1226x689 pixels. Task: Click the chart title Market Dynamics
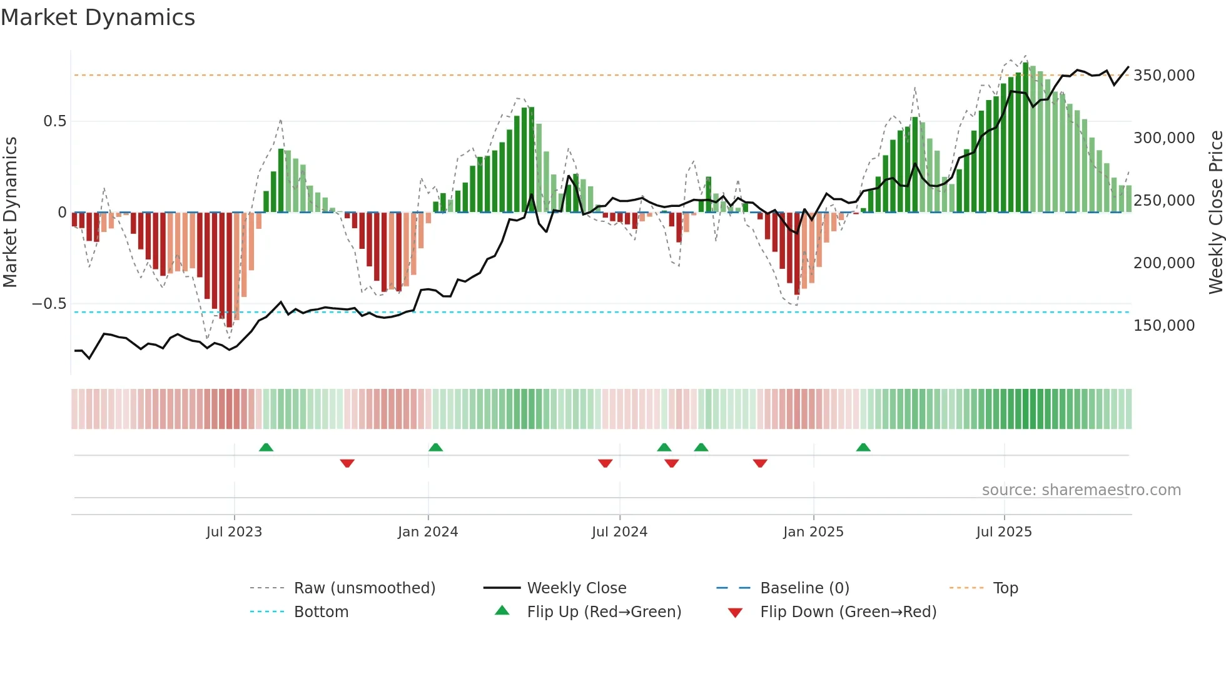(x=98, y=18)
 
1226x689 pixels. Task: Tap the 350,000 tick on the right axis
(x=1164, y=76)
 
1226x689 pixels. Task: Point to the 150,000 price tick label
(x=1164, y=326)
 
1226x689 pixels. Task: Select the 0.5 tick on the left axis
(x=54, y=121)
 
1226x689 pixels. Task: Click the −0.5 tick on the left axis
(x=49, y=304)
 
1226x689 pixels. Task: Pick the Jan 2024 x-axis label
(x=428, y=532)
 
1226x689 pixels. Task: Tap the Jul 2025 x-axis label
(x=1004, y=532)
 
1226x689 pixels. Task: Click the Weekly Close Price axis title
(x=1215, y=213)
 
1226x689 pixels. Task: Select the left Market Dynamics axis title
(x=10, y=213)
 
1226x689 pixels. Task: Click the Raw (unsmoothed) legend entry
(x=364, y=588)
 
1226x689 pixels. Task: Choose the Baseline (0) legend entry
(x=804, y=588)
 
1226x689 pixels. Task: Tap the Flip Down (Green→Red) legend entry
(x=848, y=612)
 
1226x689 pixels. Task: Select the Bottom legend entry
(x=321, y=612)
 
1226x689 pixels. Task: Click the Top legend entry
(x=1005, y=588)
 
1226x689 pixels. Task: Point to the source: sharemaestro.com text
(x=1081, y=490)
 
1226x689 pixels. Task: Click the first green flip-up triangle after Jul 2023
(x=266, y=447)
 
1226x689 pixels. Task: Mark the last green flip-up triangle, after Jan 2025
(x=863, y=447)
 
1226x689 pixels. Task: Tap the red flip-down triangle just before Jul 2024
(x=605, y=463)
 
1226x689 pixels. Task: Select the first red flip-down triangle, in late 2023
(x=347, y=463)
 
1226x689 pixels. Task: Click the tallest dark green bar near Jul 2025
(x=1025, y=138)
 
